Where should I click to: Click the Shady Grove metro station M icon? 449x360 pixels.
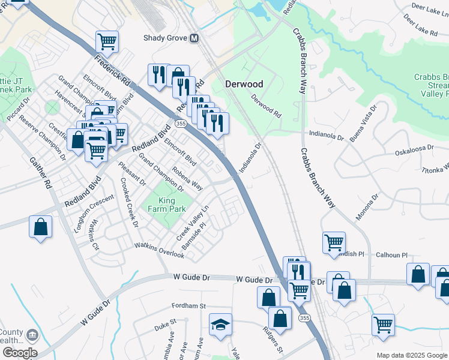click(194, 38)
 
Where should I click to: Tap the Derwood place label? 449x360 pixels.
click(244, 84)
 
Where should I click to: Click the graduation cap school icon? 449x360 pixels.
click(220, 325)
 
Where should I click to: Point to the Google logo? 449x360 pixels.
click(19, 353)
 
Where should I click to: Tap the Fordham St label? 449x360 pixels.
click(189, 305)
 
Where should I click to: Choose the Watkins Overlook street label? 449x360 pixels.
click(159, 250)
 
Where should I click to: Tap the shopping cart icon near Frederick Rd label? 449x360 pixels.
click(107, 42)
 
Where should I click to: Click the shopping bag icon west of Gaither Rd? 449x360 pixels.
click(40, 227)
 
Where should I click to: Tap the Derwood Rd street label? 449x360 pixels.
click(266, 106)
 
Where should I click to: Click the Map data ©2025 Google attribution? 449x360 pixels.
click(411, 355)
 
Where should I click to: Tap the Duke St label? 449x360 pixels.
click(164, 325)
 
